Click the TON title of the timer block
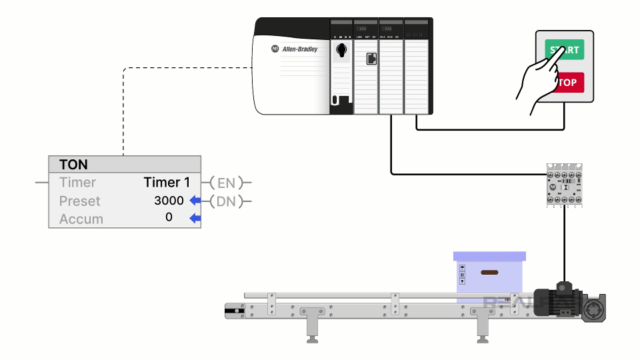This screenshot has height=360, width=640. pyautogui.click(x=73, y=165)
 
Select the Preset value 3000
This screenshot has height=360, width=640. pyautogui.click(x=169, y=201)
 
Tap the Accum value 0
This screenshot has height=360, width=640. pyautogui.click(x=169, y=217)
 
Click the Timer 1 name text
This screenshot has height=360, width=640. pyautogui.click(x=167, y=182)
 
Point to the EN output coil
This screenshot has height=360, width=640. pyautogui.click(x=226, y=182)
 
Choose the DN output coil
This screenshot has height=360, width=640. pyautogui.click(x=226, y=201)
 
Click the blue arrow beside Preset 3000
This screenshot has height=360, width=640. pyautogui.click(x=195, y=201)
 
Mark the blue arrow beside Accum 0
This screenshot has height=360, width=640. pyautogui.click(x=195, y=218)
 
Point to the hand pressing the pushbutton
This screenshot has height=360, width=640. pyautogui.click(x=540, y=79)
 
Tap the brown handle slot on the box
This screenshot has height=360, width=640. pyautogui.click(x=490, y=272)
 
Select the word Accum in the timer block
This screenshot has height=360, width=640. pyautogui.click(x=81, y=219)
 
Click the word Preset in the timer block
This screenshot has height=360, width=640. pyautogui.click(x=79, y=201)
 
